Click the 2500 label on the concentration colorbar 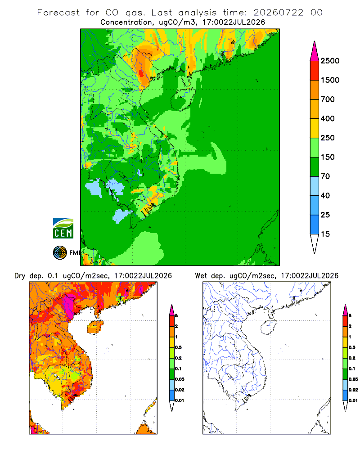[330, 61]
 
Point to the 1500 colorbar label [330, 80]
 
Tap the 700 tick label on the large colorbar [328, 99]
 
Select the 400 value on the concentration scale [328, 118]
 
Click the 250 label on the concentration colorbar [328, 138]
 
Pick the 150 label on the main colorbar [328, 157]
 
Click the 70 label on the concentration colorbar [325, 176]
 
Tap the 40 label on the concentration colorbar [325, 195]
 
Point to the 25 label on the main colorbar [325, 215]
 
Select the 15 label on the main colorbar [325, 234]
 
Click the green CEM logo [63, 229]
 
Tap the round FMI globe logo [60, 253]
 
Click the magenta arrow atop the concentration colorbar [315, 52]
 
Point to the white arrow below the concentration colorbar [315, 243]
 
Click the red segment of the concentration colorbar [315, 71]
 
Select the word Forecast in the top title [58, 13]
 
